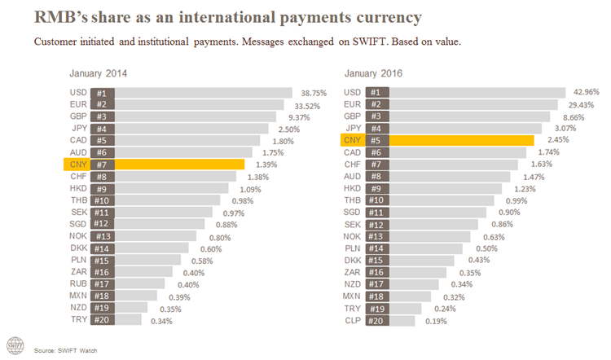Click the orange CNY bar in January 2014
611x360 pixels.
[x=179, y=165]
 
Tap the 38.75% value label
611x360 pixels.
[x=314, y=93]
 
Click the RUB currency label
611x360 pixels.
[x=78, y=283]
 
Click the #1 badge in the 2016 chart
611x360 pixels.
[x=375, y=93]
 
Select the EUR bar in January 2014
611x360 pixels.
[x=196, y=104]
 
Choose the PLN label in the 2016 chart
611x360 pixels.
[x=353, y=248]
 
